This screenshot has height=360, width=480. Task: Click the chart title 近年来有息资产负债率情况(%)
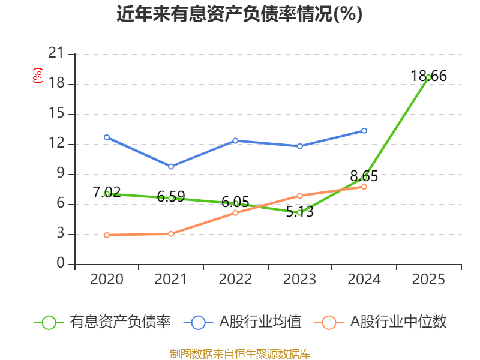[239, 14]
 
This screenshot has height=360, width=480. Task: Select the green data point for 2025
[428, 77]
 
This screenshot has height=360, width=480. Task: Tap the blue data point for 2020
[107, 137]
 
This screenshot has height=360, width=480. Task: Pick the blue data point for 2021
[171, 167]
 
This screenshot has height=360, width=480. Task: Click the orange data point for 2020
[107, 235]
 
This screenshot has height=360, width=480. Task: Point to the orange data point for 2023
[299, 196]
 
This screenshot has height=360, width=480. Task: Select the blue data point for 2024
[364, 131]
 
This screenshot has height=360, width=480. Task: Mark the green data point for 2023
[299, 213]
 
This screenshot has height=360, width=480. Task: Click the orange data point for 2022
[235, 213]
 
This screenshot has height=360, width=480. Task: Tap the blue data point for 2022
[235, 141]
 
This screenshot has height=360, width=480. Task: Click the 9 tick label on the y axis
[60, 174]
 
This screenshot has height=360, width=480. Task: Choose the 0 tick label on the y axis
[60, 264]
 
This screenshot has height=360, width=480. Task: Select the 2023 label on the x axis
[299, 280]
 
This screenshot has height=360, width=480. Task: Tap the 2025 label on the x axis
[428, 280]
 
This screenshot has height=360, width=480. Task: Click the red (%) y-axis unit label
[38, 76]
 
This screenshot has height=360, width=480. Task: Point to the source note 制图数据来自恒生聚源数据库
[239, 354]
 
